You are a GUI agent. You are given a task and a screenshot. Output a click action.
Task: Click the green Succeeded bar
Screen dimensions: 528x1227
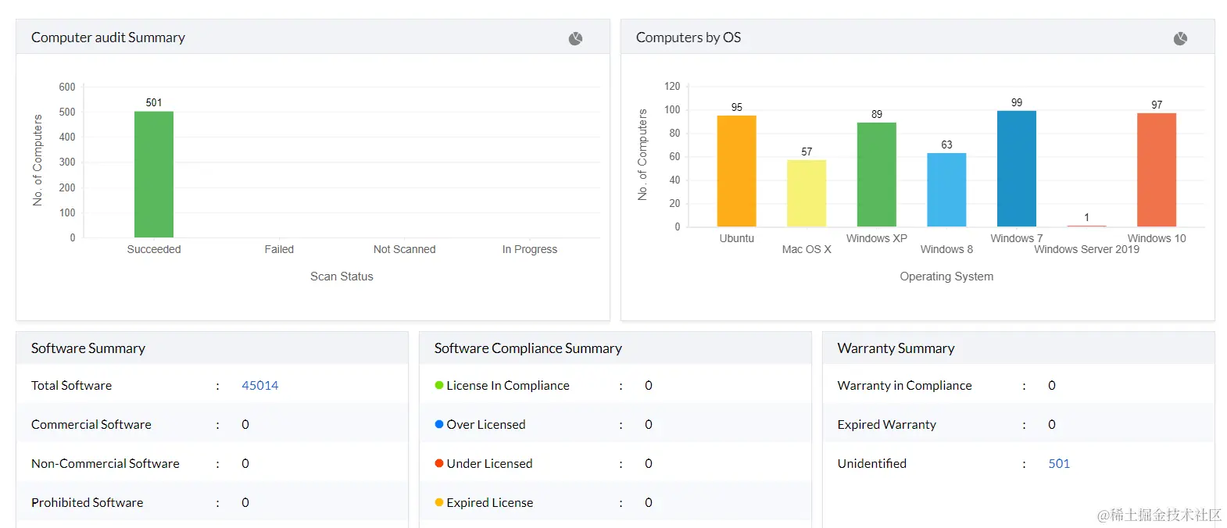click(x=154, y=174)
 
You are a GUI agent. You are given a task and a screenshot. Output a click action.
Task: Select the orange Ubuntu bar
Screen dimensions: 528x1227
click(x=736, y=171)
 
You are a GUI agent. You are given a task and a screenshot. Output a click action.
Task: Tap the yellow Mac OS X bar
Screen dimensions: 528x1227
click(x=807, y=193)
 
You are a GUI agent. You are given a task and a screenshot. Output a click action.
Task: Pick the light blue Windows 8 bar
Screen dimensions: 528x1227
click(x=946, y=190)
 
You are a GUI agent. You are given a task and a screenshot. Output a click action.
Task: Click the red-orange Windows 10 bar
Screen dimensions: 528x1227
click(x=1157, y=169)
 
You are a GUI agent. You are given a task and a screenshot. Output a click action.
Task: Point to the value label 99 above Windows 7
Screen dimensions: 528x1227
click(x=1017, y=102)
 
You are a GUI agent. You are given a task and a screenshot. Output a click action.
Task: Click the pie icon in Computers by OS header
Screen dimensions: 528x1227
click(x=1180, y=38)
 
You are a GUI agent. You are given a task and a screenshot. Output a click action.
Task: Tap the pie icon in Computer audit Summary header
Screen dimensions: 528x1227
click(x=575, y=38)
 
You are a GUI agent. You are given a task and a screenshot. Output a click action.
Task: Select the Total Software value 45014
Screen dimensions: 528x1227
click(x=260, y=385)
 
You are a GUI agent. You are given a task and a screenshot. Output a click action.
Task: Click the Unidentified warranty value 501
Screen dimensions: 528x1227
click(x=1059, y=463)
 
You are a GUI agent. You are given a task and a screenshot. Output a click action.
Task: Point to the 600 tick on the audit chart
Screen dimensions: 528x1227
click(x=67, y=87)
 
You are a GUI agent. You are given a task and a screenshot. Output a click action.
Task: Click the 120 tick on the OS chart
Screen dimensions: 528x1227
click(x=672, y=86)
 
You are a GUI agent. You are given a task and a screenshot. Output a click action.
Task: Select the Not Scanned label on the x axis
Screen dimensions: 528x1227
click(x=404, y=249)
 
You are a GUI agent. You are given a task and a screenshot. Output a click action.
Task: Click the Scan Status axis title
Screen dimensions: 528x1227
click(x=342, y=276)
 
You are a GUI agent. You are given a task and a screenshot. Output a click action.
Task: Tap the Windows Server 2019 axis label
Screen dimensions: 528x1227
click(x=1086, y=249)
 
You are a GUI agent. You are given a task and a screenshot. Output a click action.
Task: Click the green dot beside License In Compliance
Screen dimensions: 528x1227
click(x=439, y=385)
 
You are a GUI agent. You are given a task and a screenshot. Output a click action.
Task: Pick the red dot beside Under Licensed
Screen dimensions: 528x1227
click(x=439, y=463)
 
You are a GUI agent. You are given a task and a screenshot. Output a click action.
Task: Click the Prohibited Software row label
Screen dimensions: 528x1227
click(x=88, y=502)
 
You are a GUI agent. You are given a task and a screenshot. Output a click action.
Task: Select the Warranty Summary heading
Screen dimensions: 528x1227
click(x=896, y=348)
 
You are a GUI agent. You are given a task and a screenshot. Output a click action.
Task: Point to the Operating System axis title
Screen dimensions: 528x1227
click(x=946, y=276)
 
